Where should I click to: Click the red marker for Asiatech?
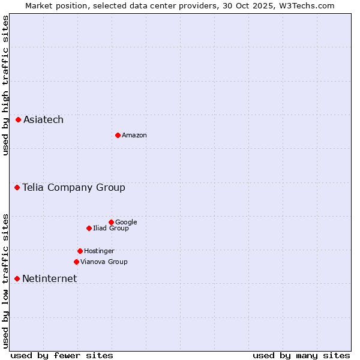click(x=19, y=120)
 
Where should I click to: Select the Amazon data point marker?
click(x=118, y=135)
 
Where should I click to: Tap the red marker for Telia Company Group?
click(x=17, y=188)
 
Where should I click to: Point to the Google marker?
click(x=111, y=222)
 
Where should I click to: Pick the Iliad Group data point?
click(x=89, y=228)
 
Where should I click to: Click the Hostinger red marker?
click(x=80, y=251)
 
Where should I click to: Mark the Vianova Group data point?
click(x=76, y=262)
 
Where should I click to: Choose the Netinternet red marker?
click(x=17, y=278)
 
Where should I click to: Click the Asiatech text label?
click(x=43, y=120)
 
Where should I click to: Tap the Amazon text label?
click(x=134, y=135)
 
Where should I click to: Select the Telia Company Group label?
click(x=74, y=188)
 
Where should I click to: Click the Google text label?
click(x=126, y=222)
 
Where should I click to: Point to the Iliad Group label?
click(x=111, y=228)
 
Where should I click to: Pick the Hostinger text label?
click(x=99, y=251)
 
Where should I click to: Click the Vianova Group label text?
click(x=104, y=262)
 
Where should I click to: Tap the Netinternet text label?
click(x=49, y=278)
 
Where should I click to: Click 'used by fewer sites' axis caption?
click(x=62, y=355)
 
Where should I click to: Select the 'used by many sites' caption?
click(x=301, y=355)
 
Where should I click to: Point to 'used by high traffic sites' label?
click(x=5, y=85)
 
